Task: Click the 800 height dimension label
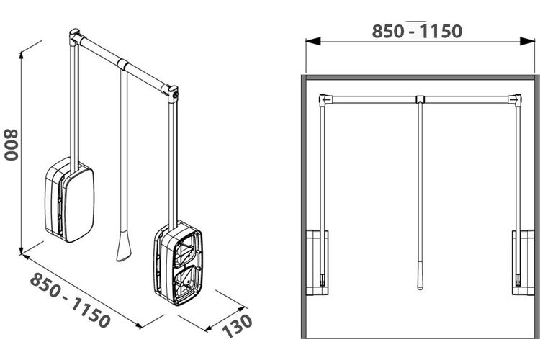[x=11, y=145]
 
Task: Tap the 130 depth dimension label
[x=238, y=326]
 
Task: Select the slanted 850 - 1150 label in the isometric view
[x=71, y=300]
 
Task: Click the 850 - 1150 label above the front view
[x=417, y=32]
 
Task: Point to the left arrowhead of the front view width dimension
[x=312, y=41]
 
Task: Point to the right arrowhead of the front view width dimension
[x=527, y=41]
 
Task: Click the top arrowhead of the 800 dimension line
[x=22, y=55]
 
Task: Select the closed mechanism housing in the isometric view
[x=70, y=199]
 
